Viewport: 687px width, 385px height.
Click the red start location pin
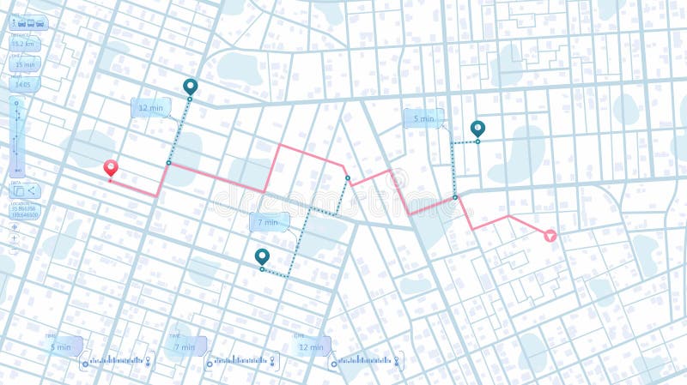(x=110, y=168)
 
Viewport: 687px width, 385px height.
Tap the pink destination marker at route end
(x=550, y=234)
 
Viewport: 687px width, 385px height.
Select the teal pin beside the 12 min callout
(x=190, y=87)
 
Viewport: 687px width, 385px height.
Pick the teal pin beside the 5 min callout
(x=477, y=129)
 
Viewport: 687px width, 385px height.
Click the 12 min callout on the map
(x=150, y=108)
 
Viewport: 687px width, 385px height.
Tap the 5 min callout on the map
(x=423, y=119)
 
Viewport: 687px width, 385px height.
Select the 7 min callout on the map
(x=270, y=222)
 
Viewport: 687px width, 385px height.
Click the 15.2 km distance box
(x=24, y=44)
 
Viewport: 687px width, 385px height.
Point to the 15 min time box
(x=24, y=64)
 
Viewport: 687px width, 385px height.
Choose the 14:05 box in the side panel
(x=23, y=84)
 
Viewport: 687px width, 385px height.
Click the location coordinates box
(x=24, y=211)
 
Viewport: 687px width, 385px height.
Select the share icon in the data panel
(x=32, y=191)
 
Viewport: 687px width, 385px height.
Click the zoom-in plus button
(x=14, y=238)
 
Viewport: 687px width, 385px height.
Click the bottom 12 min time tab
(x=311, y=346)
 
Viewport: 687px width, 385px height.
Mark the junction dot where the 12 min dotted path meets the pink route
(x=168, y=162)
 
